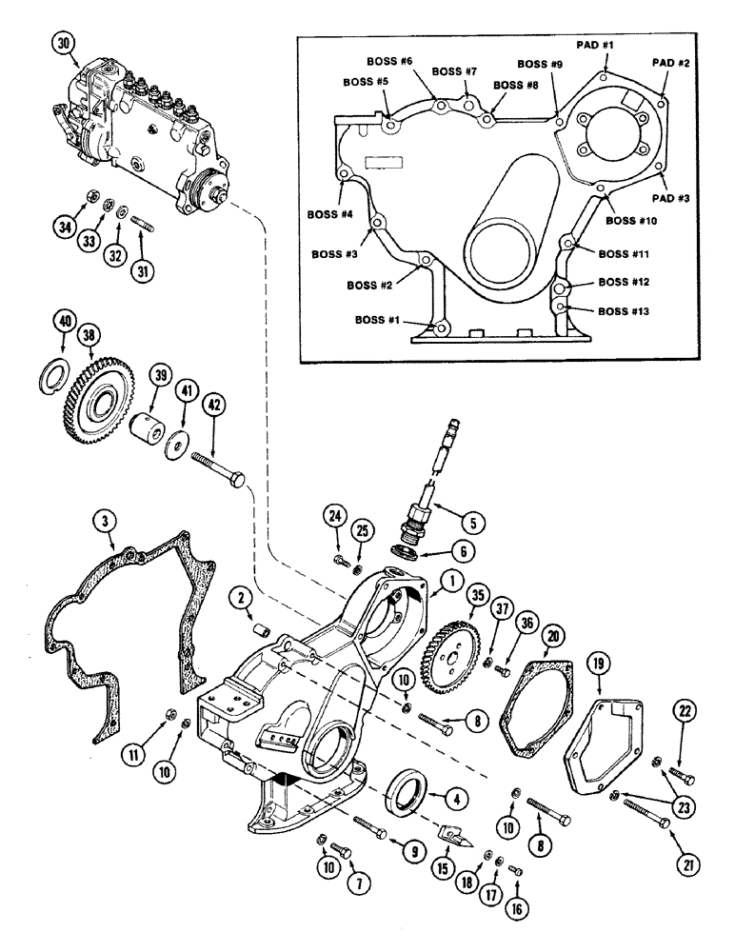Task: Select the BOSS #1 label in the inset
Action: pos(378,320)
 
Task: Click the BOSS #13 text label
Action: pos(626,310)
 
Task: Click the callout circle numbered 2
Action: pos(241,597)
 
